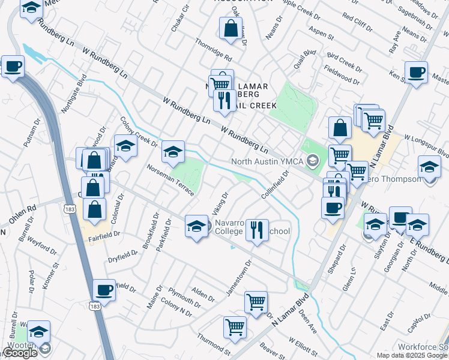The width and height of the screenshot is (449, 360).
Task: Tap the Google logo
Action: point(20,353)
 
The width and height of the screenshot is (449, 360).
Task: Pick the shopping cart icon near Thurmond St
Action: point(234,327)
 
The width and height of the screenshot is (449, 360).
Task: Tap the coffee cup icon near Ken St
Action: point(416,73)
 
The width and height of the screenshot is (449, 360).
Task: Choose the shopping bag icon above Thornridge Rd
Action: point(231,28)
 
